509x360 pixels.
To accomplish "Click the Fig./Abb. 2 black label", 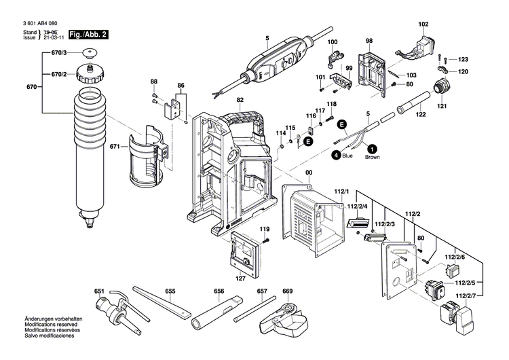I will (x=75, y=33).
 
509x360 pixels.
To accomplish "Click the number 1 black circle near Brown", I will (x=372, y=148).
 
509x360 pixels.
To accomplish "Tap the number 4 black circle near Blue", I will (x=335, y=156).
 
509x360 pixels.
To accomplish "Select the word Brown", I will (x=373, y=157).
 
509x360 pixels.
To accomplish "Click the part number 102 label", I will (x=423, y=24).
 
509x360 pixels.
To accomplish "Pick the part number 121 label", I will (x=442, y=107).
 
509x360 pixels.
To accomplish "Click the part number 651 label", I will (x=99, y=291).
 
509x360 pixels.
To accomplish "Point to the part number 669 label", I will (x=287, y=291).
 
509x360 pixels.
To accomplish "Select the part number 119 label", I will (x=265, y=228).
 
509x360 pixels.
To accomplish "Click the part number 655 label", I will (x=170, y=291).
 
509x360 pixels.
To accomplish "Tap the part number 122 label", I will (x=421, y=115).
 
